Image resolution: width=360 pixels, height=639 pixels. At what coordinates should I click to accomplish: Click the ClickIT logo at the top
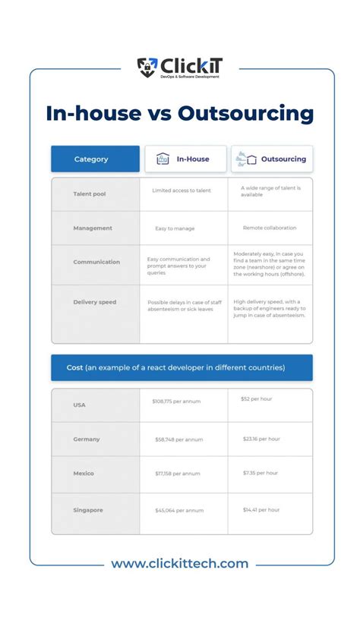click(x=179, y=68)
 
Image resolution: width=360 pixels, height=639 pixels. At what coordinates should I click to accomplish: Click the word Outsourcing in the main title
click(x=245, y=115)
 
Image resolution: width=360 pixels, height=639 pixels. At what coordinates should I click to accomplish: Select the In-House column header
click(x=185, y=159)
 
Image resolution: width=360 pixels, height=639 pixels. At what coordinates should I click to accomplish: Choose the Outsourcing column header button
click(x=272, y=159)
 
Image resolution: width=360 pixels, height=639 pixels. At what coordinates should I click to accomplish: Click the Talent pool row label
click(x=90, y=194)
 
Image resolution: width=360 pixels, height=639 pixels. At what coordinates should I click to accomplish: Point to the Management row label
click(x=93, y=228)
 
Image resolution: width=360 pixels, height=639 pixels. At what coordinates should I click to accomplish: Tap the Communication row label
click(x=96, y=262)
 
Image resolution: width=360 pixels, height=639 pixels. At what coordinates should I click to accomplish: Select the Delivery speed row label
click(x=95, y=302)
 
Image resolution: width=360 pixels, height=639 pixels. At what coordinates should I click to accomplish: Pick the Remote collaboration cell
click(x=270, y=228)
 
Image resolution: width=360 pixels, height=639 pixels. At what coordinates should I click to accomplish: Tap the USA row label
click(x=80, y=404)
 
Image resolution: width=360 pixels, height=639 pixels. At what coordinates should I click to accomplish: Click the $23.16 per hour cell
click(x=261, y=439)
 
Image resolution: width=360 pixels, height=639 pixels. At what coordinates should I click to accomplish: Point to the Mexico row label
click(x=84, y=474)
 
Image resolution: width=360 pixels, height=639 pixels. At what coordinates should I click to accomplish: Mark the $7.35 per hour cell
click(x=261, y=473)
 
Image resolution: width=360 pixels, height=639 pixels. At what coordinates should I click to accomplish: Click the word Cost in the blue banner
click(x=74, y=367)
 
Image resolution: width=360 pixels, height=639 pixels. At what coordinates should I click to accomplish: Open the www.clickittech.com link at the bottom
click(x=180, y=564)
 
